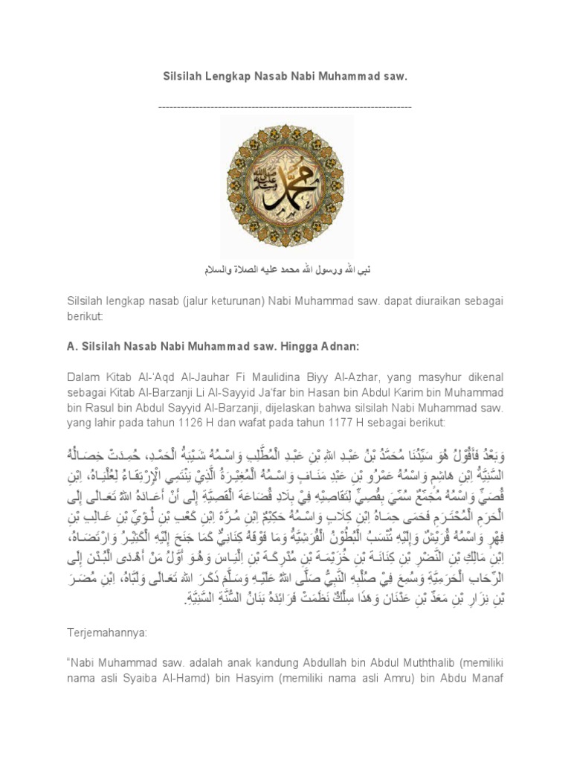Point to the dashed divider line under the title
pyautogui.click(x=285, y=107)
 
